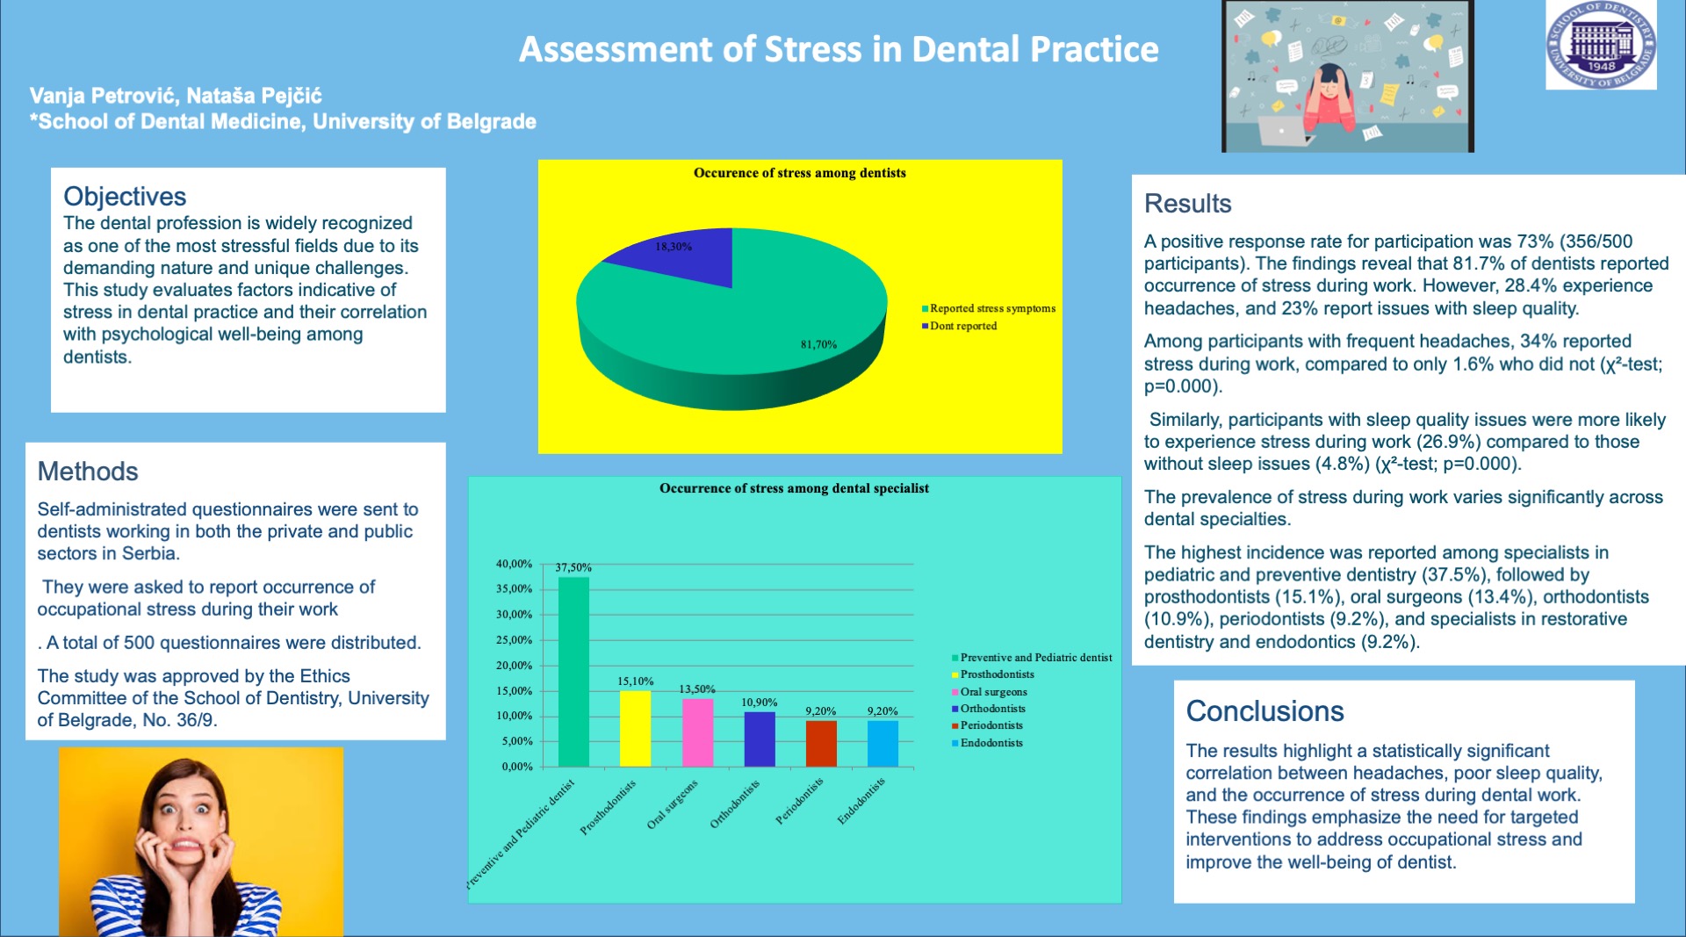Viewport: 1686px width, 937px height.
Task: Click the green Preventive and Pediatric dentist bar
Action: [573, 672]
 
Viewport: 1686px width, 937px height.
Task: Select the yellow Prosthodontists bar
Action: [635, 729]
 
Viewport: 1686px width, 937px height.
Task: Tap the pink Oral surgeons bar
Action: [697, 732]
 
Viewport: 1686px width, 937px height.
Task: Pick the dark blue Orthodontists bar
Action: [760, 739]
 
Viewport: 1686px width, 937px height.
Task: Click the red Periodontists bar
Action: [821, 744]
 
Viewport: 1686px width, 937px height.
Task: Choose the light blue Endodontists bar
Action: [883, 744]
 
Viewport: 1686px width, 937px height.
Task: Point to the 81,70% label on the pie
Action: [818, 344]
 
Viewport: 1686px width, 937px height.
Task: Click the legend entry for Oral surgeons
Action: [990, 692]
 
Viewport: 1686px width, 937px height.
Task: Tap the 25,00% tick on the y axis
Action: [515, 640]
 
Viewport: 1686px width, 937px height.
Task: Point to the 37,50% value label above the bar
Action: [573, 568]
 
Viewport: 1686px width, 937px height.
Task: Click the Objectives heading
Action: [125, 196]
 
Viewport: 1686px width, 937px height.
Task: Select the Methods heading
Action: [88, 472]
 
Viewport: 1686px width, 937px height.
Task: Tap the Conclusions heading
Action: [1264, 711]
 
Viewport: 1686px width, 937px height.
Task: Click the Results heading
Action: [1187, 204]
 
